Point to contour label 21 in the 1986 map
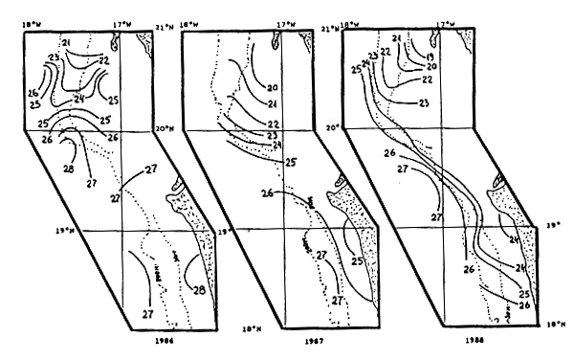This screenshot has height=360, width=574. tap(67, 43)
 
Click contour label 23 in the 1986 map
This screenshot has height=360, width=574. tap(54, 59)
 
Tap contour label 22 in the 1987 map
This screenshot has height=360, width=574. tap(272, 124)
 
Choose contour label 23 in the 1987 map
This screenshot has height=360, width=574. tap(272, 136)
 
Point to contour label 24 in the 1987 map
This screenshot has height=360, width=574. tap(276, 145)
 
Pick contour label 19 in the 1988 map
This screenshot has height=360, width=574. tap(430, 56)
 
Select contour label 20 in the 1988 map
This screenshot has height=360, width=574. tap(430, 67)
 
